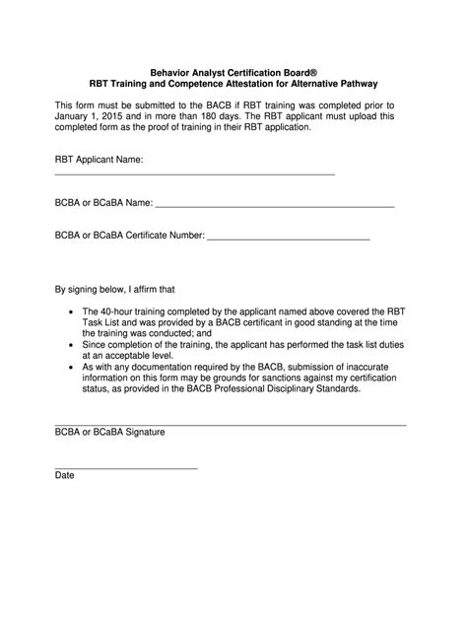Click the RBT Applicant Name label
pos(99,159)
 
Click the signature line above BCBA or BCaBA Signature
pos(230,424)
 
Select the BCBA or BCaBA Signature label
pos(109,432)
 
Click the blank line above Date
pos(125,466)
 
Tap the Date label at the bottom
pos(64,475)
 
